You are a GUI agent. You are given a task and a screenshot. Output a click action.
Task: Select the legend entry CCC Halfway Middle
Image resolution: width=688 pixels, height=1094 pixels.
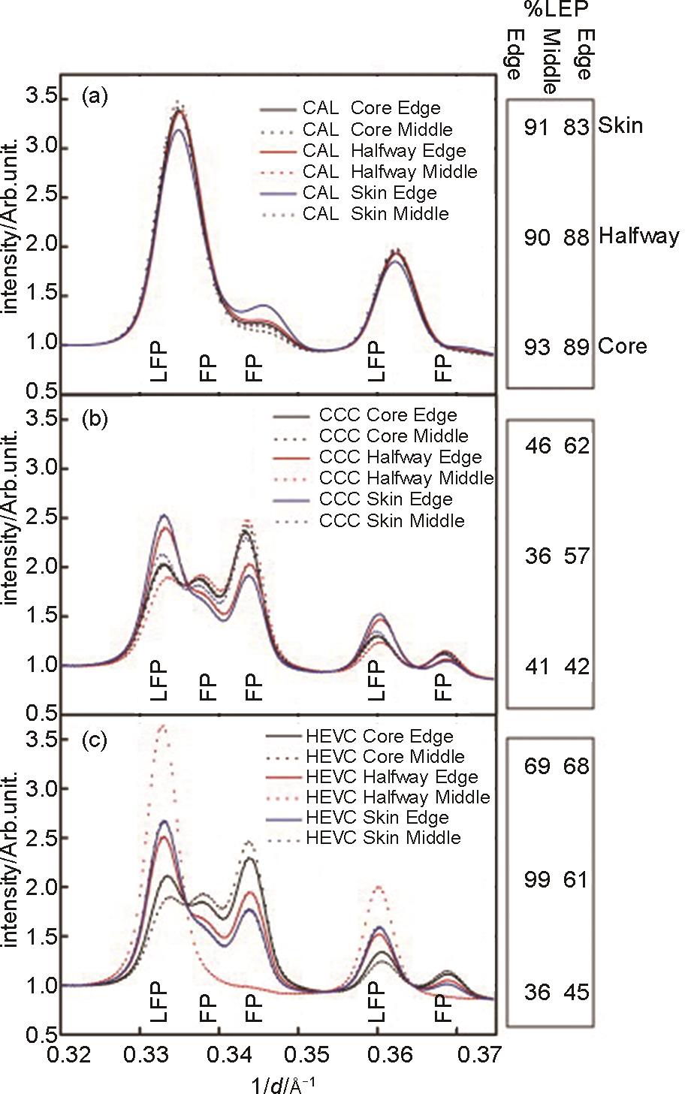[x=406, y=478]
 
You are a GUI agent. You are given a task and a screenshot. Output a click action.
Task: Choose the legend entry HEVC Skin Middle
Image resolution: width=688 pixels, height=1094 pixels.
[x=383, y=838]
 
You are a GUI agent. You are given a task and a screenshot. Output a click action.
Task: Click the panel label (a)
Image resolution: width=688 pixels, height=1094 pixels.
[x=96, y=96]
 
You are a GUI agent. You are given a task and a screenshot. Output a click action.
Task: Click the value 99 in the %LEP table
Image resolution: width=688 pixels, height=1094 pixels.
[x=538, y=879]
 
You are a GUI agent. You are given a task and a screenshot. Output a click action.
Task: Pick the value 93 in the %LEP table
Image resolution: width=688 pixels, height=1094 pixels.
[x=538, y=347]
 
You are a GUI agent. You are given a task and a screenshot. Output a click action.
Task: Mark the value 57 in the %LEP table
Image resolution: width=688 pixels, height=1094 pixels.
[x=576, y=556]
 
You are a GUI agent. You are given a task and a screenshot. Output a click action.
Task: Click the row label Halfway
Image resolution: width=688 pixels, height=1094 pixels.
[x=639, y=237]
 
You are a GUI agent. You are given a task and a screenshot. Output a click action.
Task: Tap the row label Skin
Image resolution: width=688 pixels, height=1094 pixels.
[x=620, y=125]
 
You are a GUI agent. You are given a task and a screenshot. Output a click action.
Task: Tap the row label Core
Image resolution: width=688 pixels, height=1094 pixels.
[x=623, y=347]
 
